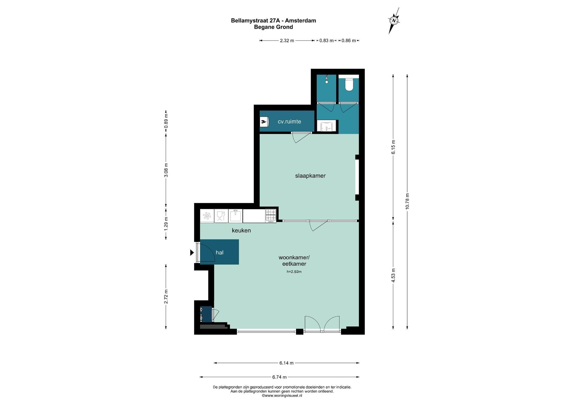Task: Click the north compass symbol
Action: pyautogui.click(x=394, y=21)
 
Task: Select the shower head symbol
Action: pyautogui.click(x=327, y=79)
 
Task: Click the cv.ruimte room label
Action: pyautogui.click(x=289, y=122)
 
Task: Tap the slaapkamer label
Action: pyautogui.click(x=310, y=176)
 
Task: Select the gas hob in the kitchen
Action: pyautogui.click(x=271, y=216)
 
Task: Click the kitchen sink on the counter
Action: pyautogui.click(x=236, y=216)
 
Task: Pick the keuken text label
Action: pyautogui.click(x=241, y=230)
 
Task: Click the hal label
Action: pyautogui.click(x=219, y=252)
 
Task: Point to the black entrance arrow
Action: pyautogui.click(x=192, y=253)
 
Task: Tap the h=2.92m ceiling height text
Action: pyautogui.click(x=294, y=272)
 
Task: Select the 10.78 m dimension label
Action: pyautogui.click(x=407, y=201)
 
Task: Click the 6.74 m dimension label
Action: pyautogui.click(x=279, y=377)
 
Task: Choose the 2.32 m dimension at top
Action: pyautogui.click(x=287, y=41)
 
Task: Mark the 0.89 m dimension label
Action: pyautogui.click(x=166, y=121)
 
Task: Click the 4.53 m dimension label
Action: pyautogui.click(x=393, y=275)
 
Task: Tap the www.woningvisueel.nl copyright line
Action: pyautogui.click(x=282, y=395)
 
